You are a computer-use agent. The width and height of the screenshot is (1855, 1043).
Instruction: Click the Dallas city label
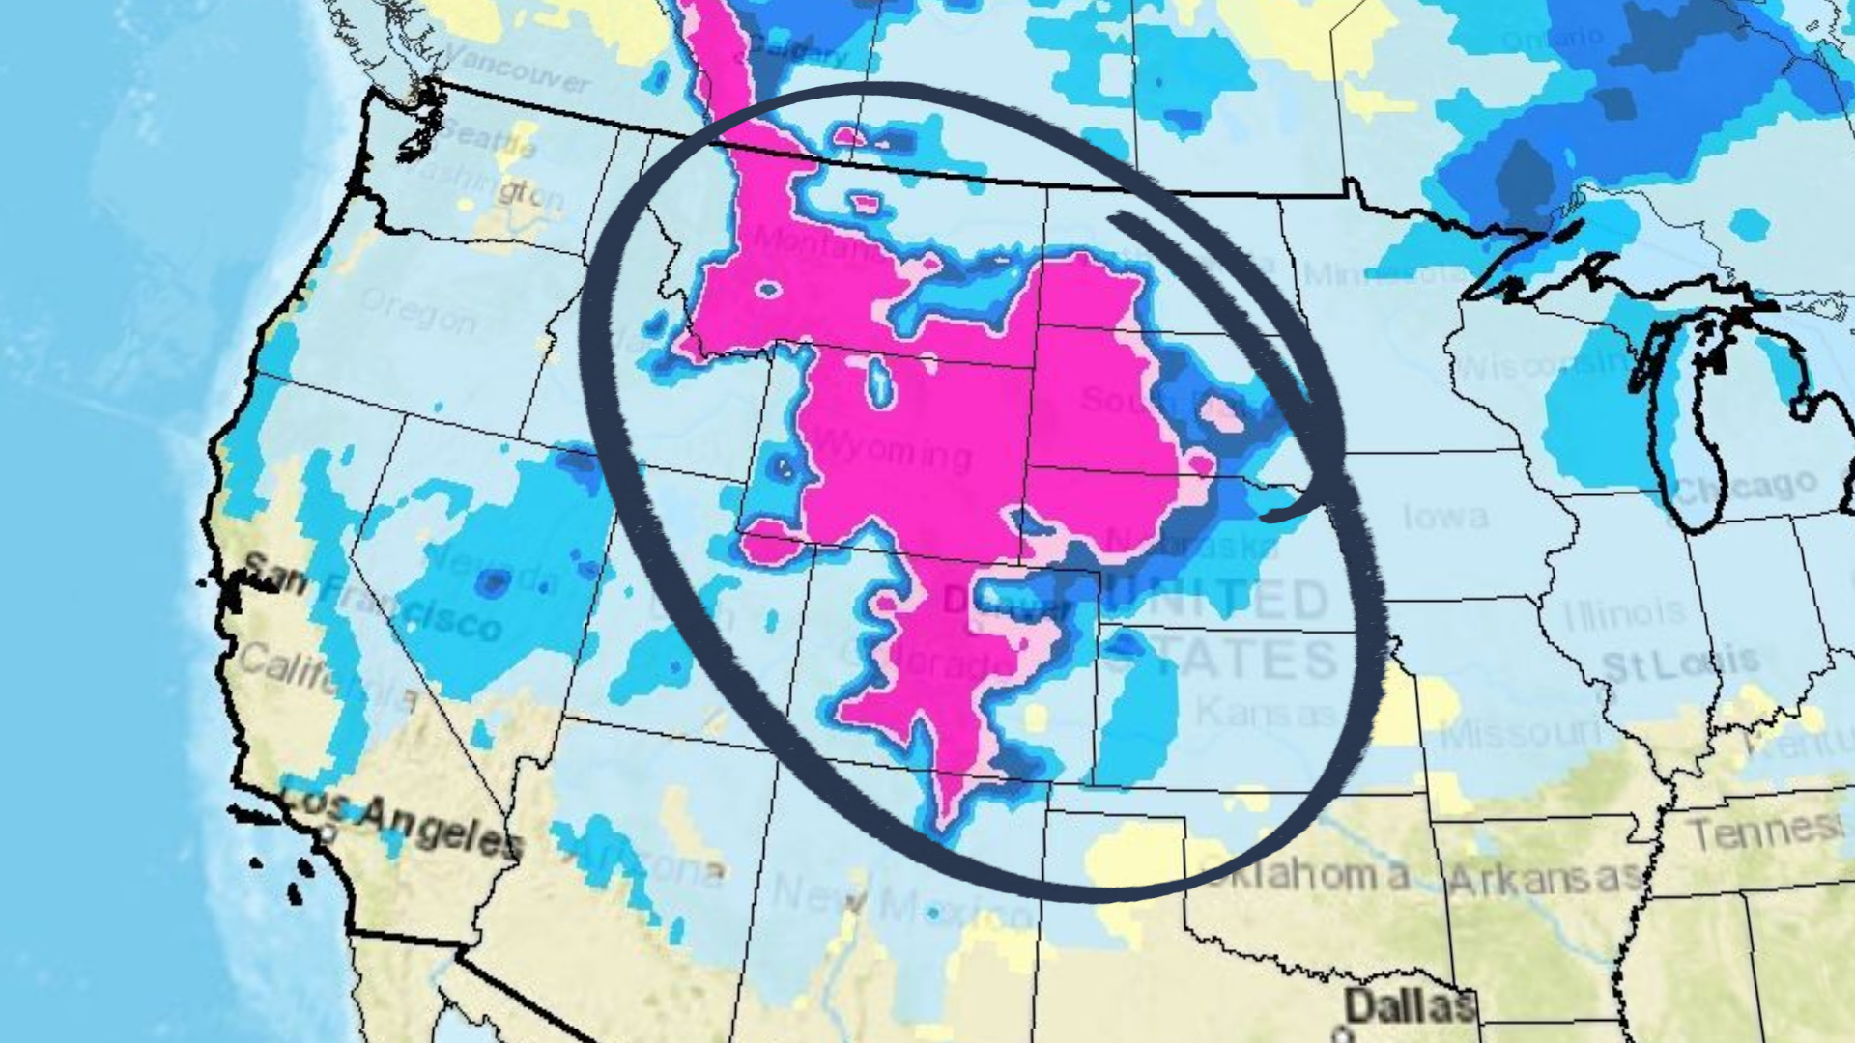coord(1410,1005)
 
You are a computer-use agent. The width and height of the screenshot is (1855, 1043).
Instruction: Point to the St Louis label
coord(1680,663)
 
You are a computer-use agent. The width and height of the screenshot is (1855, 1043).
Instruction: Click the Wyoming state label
coord(893,449)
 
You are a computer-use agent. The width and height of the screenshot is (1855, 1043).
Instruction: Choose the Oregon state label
coord(417,309)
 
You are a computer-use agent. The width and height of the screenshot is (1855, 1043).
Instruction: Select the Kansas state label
coord(1267,713)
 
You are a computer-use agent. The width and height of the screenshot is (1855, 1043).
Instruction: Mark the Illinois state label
coord(1622,612)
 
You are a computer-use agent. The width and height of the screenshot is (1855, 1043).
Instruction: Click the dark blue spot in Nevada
coord(494,582)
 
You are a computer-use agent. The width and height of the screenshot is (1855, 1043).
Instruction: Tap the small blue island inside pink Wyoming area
coord(879,381)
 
